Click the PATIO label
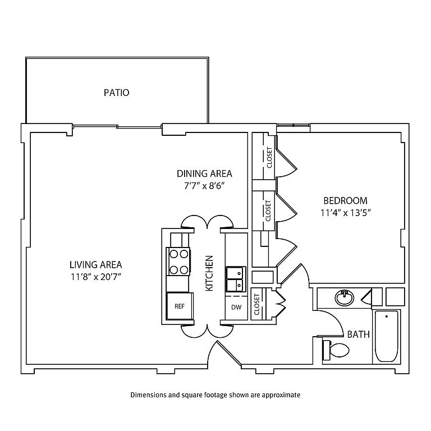tap(116, 93)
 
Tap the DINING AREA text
tap(204, 173)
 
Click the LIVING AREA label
tap(95, 264)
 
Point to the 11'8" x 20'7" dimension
tap(95, 276)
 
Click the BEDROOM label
tap(345, 200)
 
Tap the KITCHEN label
tap(209, 273)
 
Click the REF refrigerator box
tap(180, 306)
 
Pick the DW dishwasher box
tap(236, 308)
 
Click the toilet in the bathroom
tap(337, 351)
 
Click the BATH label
tap(358, 334)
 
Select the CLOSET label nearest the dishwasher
tap(257, 305)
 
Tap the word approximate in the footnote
tap(281, 395)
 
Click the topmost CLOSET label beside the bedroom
tap(269, 158)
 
